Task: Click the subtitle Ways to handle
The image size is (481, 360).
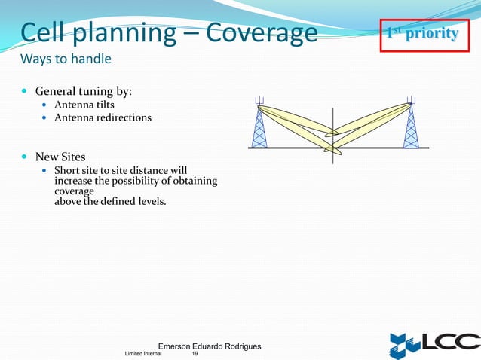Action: tap(66, 59)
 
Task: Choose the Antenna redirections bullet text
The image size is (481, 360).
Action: tap(103, 117)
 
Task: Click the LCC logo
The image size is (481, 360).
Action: tap(433, 343)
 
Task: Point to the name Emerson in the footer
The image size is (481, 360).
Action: tap(179, 346)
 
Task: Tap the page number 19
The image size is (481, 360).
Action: tap(195, 354)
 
